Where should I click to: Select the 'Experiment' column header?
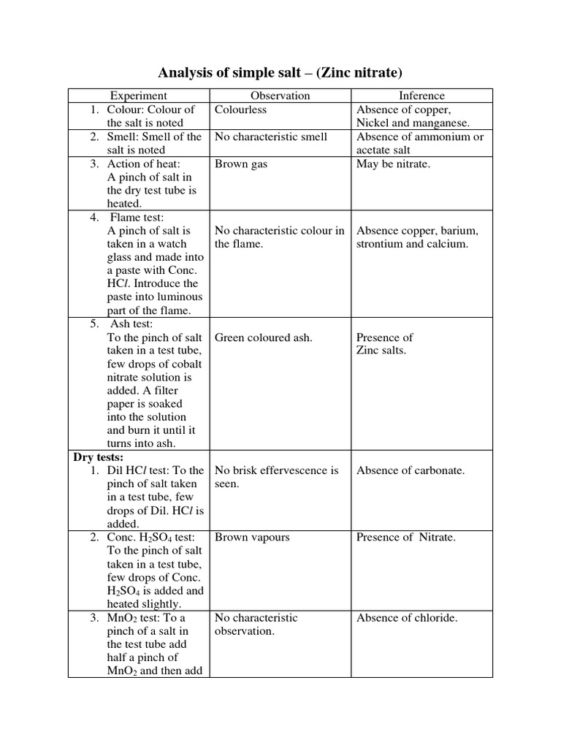pyautogui.click(x=139, y=96)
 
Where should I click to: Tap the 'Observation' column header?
pyautogui.click(x=280, y=96)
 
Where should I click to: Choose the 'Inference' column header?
pyautogui.click(x=421, y=96)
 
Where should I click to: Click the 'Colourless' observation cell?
pyautogui.click(x=241, y=110)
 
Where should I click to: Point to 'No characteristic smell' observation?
pyautogui.click(x=271, y=137)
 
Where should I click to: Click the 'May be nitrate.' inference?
pyautogui.click(x=393, y=164)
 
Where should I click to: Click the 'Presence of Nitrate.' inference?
pyautogui.click(x=406, y=537)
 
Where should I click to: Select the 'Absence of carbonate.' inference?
pyautogui.click(x=411, y=470)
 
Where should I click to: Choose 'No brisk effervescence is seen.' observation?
pyautogui.click(x=276, y=477)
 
